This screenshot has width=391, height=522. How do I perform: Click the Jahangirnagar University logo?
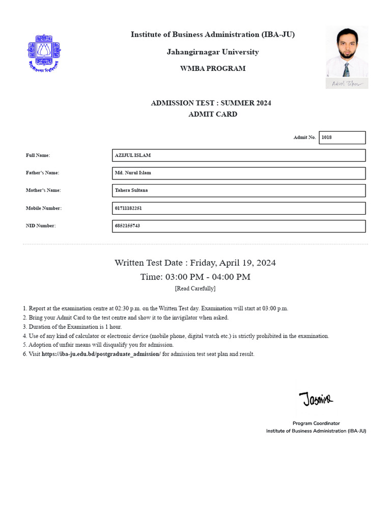coord(43,53)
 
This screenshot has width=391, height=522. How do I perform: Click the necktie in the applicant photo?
coord(346,69)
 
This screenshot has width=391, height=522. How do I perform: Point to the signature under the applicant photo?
coord(347,84)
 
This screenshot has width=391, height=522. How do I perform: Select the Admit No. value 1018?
coord(342,137)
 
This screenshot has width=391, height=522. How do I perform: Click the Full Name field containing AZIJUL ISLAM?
coord(238,155)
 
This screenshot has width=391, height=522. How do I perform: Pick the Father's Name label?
coord(43,173)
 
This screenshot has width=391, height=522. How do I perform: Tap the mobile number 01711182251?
coord(128,208)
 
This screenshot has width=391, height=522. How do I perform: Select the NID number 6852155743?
coord(127,226)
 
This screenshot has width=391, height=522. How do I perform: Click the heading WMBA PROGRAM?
coord(212,69)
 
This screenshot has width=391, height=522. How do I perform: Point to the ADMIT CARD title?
coord(212,114)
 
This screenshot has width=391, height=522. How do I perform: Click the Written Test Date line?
coord(195,263)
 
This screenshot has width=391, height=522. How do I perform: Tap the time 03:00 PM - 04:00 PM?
coord(195,277)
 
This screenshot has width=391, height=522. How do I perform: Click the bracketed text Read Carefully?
coord(195,289)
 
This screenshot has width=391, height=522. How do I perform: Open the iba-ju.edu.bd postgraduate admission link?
coord(101,354)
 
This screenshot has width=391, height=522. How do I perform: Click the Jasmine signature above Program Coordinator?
coord(316,399)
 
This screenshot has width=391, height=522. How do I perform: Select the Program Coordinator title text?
coord(316,423)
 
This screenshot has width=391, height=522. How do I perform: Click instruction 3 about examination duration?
coord(72,327)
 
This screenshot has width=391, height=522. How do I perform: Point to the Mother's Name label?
coord(43,191)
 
